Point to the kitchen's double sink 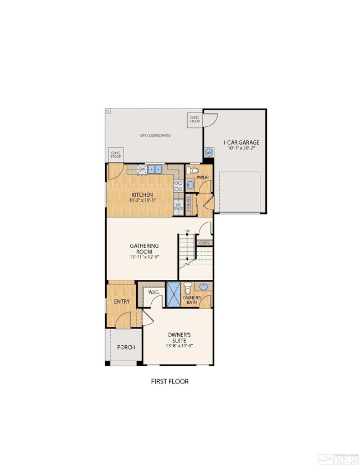(x=155, y=170)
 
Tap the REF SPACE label (x=178, y=206)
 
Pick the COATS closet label (x=205, y=243)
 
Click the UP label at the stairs (x=188, y=231)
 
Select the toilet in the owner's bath (x=188, y=289)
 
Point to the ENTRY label (x=121, y=301)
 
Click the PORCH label (x=125, y=347)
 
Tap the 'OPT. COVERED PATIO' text (x=154, y=136)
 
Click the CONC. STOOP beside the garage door (x=195, y=119)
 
